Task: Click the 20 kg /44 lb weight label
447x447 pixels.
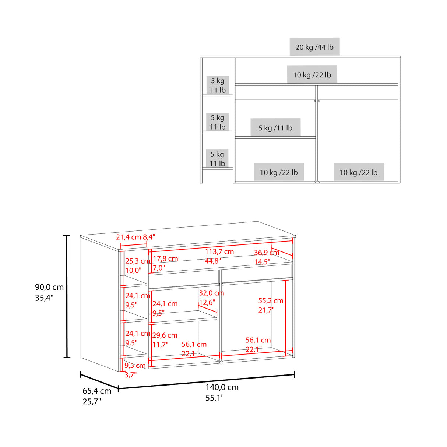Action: (314, 47)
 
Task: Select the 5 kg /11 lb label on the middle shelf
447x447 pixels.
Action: (275, 127)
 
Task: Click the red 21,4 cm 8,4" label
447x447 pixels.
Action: (135, 237)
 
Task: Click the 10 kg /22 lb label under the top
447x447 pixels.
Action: (312, 75)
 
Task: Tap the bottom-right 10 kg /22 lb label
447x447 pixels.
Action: (358, 172)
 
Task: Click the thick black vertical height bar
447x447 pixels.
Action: (67, 296)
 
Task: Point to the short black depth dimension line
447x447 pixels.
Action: (99, 381)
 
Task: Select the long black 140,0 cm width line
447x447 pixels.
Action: (207, 381)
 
